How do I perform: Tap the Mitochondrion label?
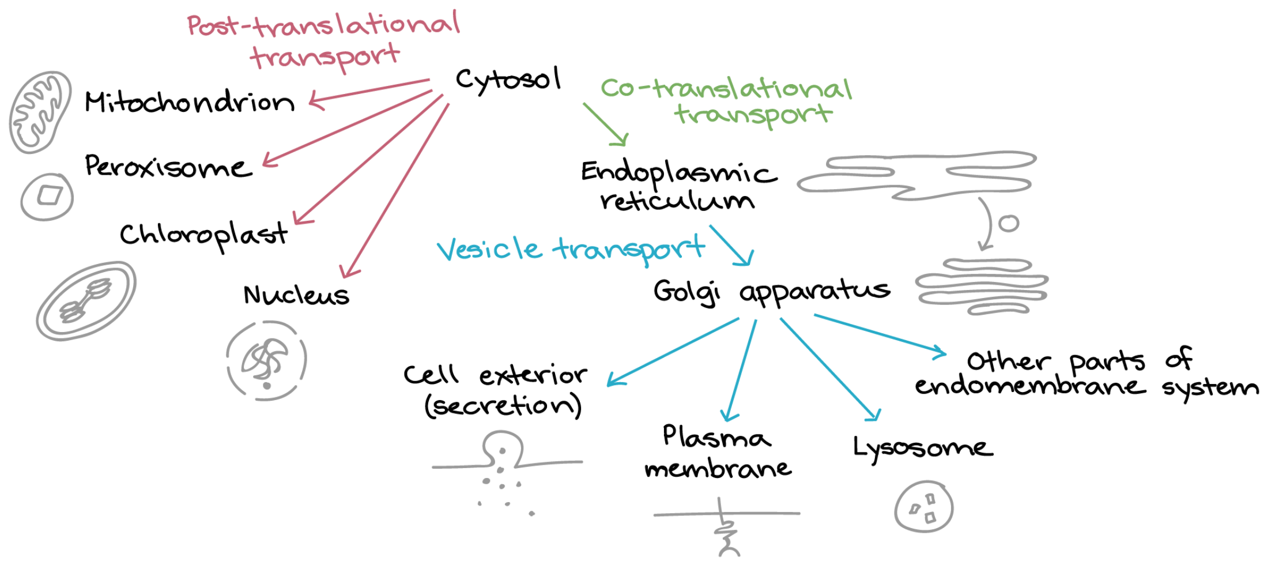(x=190, y=101)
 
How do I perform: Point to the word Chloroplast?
(x=203, y=235)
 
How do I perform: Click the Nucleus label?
(x=296, y=295)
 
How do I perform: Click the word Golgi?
(x=687, y=292)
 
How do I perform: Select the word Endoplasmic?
(x=679, y=172)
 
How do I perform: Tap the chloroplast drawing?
(x=86, y=300)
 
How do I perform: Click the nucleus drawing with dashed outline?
(x=267, y=361)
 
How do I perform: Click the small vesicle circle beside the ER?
(x=1009, y=223)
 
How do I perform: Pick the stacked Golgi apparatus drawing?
(x=982, y=287)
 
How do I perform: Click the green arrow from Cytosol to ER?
(x=605, y=125)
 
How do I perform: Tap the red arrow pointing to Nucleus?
(x=394, y=191)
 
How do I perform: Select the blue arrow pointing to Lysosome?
(x=831, y=370)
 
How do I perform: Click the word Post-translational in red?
(x=323, y=24)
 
